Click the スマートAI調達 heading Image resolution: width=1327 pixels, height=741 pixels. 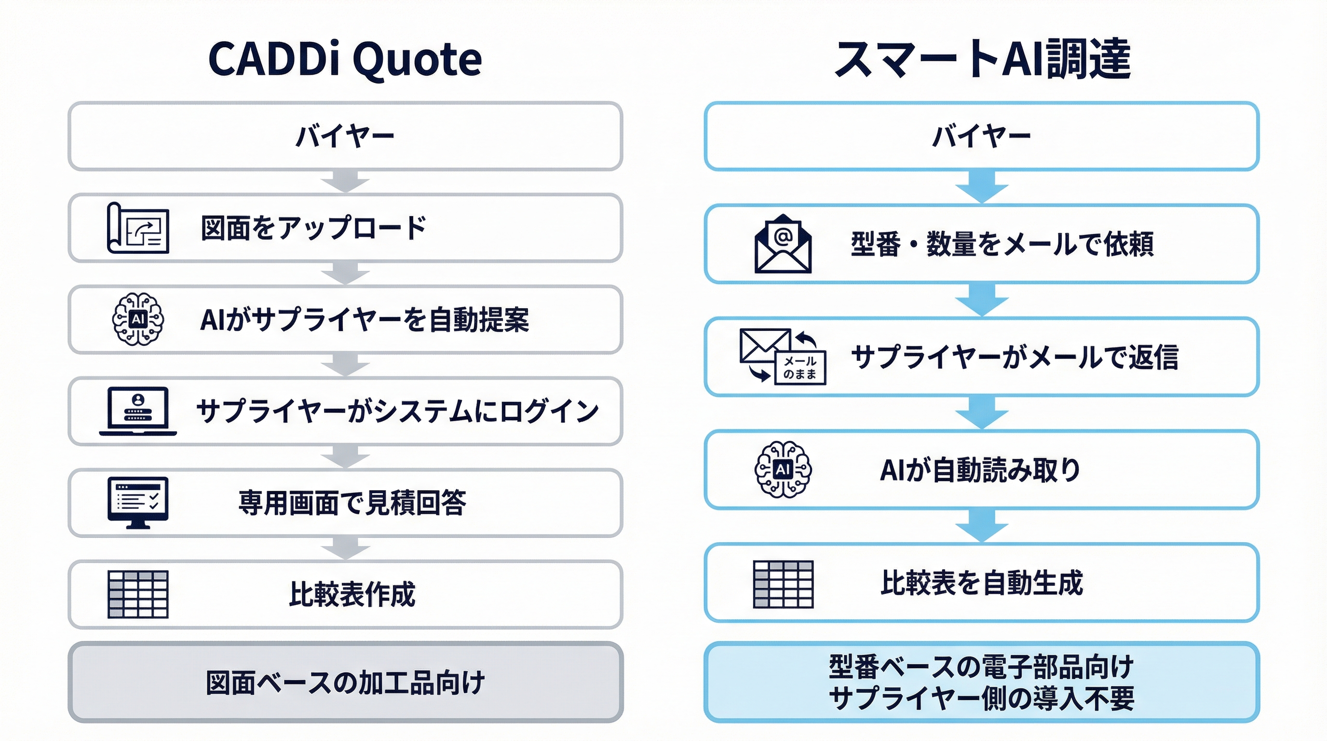[x=982, y=59]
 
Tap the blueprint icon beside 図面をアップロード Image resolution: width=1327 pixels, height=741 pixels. [x=138, y=228]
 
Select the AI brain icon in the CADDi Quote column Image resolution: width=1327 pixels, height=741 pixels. [x=138, y=319]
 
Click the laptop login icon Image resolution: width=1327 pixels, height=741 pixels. [x=138, y=411]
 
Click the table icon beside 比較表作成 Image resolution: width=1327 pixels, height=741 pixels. [x=138, y=594]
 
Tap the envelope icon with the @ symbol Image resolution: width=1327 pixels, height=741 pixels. [x=783, y=243]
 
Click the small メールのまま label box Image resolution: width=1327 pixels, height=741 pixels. [x=800, y=368]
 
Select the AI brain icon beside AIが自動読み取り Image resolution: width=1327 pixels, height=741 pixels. [x=783, y=469]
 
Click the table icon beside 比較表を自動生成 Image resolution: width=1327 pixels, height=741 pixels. [x=783, y=584]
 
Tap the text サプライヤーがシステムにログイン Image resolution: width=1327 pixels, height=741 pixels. [x=397, y=411]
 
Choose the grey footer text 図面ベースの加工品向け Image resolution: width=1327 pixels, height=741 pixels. [x=346, y=682]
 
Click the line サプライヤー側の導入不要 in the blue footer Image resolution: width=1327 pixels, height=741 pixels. [x=982, y=699]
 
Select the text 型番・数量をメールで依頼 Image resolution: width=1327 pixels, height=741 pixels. [x=1002, y=244]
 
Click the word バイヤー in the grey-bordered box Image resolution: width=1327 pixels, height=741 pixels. [x=345, y=137]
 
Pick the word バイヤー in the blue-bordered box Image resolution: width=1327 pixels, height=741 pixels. [x=982, y=137]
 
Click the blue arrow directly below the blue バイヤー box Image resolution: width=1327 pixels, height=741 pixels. [x=982, y=187]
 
